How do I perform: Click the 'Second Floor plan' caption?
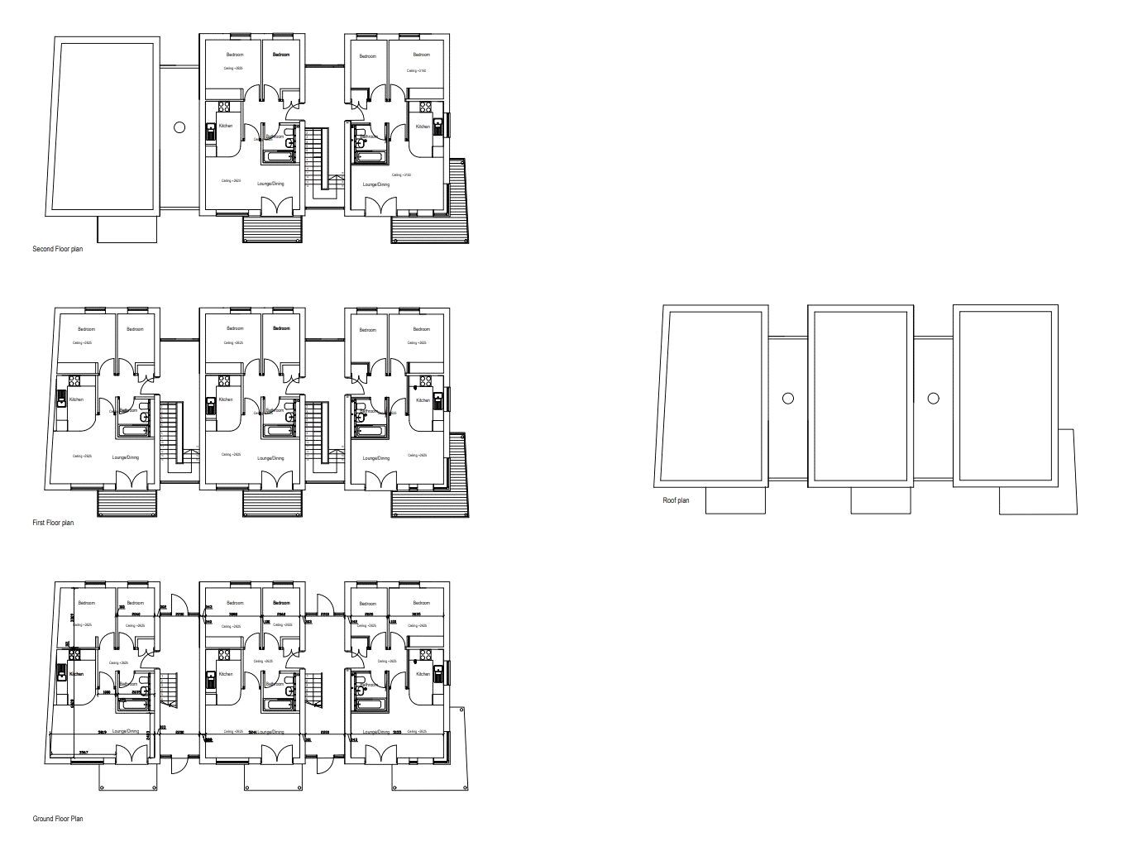(64, 249)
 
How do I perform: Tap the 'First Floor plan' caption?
(53, 523)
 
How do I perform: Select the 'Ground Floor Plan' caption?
(58, 819)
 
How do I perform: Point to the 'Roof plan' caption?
(676, 500)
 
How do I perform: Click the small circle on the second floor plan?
(179, 127)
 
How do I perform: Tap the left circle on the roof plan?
(787, 398)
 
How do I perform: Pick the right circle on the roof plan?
(933, 398)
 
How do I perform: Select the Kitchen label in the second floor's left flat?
(225, 126)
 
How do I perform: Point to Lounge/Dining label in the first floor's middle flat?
(270, 457)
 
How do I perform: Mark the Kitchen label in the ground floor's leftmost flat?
(77, 674)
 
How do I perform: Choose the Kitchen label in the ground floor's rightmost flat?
(423, 674)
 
